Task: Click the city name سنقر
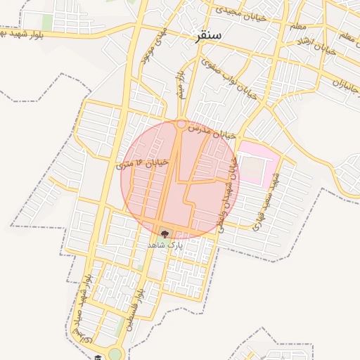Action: click(210, 35)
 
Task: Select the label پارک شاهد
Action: click(165, 245)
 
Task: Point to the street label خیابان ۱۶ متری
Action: click(143, 163)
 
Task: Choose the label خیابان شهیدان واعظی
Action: click(227, 194)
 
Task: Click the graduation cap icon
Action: click(98, 357)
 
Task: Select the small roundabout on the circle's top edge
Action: click(181, 124)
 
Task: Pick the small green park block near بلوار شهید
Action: click(48, 22)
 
